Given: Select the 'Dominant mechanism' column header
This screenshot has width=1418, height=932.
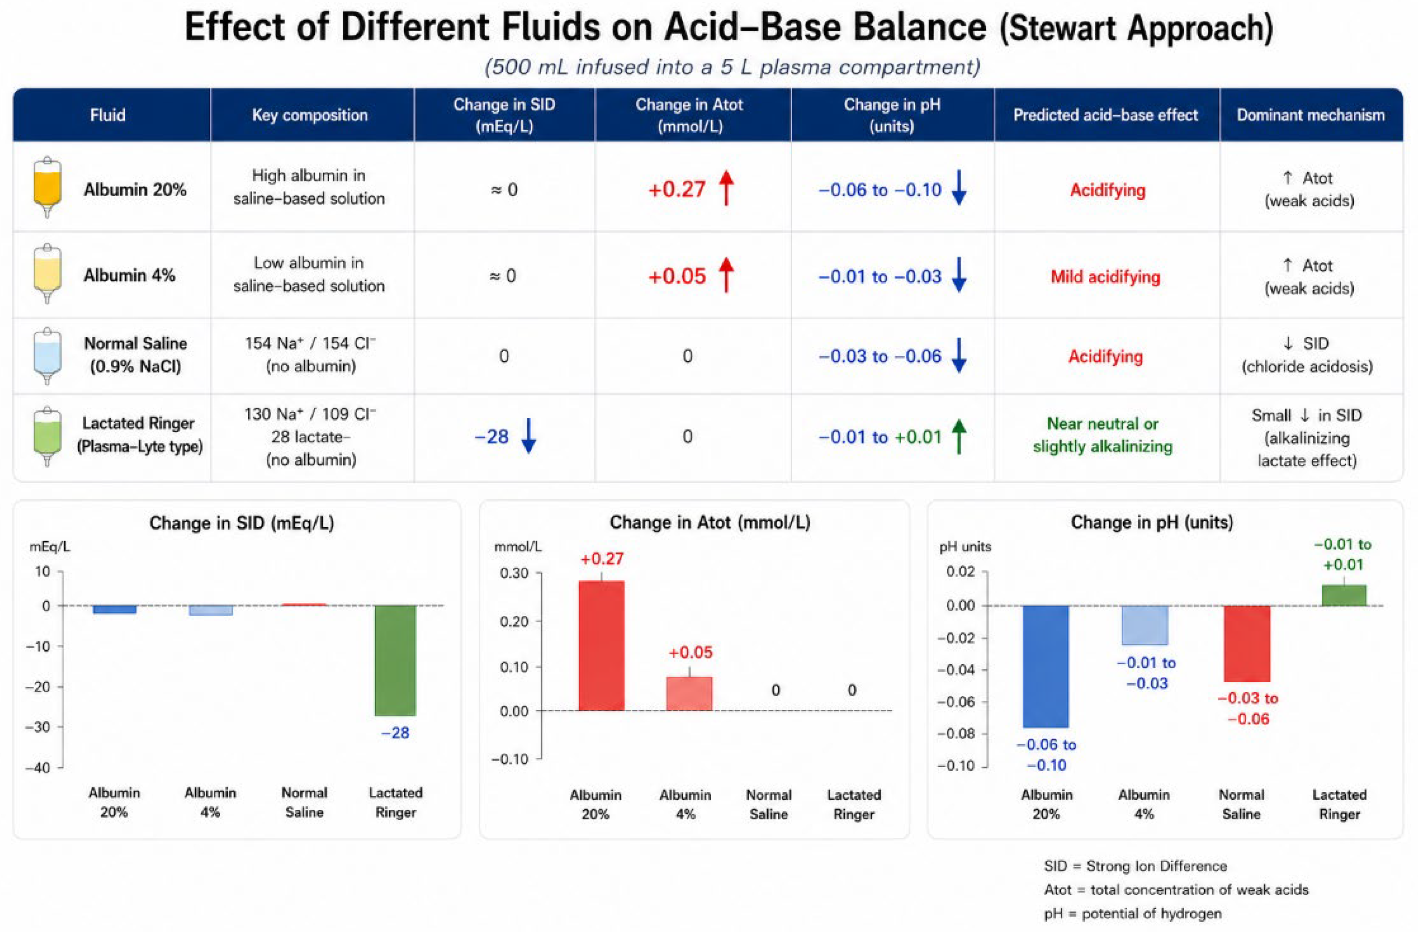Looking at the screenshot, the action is tap(1310, 115).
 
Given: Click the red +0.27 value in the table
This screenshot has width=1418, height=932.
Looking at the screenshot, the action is tap(676, 190).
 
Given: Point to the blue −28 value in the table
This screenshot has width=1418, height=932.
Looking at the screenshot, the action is tap(492, 437).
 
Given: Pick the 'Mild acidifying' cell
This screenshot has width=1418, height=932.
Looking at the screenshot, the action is tap(1105, 277).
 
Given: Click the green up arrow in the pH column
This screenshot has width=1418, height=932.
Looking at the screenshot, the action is tap(959, 436).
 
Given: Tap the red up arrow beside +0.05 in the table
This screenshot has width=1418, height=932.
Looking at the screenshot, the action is tap(726, 275).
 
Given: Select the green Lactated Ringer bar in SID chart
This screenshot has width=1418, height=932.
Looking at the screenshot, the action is tap(395, 660).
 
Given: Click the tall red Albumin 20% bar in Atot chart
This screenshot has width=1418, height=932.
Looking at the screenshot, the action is tap(602, 646).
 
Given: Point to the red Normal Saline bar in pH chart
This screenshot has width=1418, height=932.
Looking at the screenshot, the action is tap(1247, 644).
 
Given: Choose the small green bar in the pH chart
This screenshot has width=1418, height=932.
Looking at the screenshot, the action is tap(1344, 595).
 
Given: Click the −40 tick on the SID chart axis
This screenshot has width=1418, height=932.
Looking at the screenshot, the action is tap(38, 768).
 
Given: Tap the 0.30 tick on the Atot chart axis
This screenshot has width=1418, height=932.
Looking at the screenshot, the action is tap(515, 573).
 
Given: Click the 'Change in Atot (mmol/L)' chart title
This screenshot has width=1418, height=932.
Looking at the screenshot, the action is tap(710, 523).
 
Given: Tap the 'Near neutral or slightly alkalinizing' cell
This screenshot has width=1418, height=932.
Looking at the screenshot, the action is tap(1103, 435).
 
